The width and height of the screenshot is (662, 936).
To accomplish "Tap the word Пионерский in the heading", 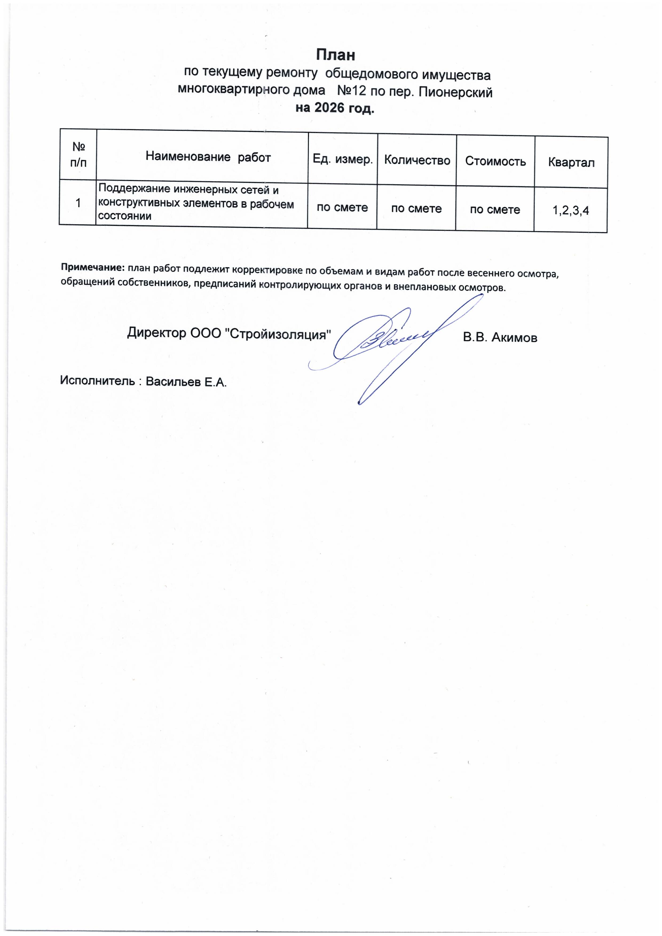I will point(456,93).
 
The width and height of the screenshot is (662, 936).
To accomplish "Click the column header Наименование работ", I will point(208,157).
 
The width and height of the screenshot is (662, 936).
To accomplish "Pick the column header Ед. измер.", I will point(343,159).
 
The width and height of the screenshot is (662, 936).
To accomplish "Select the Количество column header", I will point(417,160).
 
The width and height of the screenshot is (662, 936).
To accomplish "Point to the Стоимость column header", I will point(495,161).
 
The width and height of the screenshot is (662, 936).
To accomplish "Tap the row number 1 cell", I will point(78,202).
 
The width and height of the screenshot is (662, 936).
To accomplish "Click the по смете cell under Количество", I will point(416,209).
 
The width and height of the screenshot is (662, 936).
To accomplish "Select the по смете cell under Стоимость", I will point(495,209).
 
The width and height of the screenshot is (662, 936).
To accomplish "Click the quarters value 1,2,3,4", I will point(570,210).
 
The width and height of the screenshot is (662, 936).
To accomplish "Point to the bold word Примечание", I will point(92,267).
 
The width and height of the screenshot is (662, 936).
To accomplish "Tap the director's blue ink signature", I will point(392,342).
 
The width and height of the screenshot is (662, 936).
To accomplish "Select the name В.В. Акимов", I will point(500,338).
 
